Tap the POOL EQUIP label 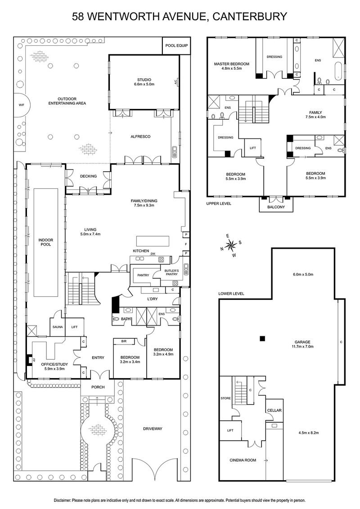[x=176, y=45]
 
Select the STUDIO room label [x=144, y=80]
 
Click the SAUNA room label [x=57, y=327]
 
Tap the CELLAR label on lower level [x=274, y=411]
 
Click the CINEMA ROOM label [x=242, y=460]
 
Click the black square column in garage [x=261, y=338]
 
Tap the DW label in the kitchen [x=153, y=254]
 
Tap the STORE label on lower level [x=225, y=398]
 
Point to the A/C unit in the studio [x=176, y=82]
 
